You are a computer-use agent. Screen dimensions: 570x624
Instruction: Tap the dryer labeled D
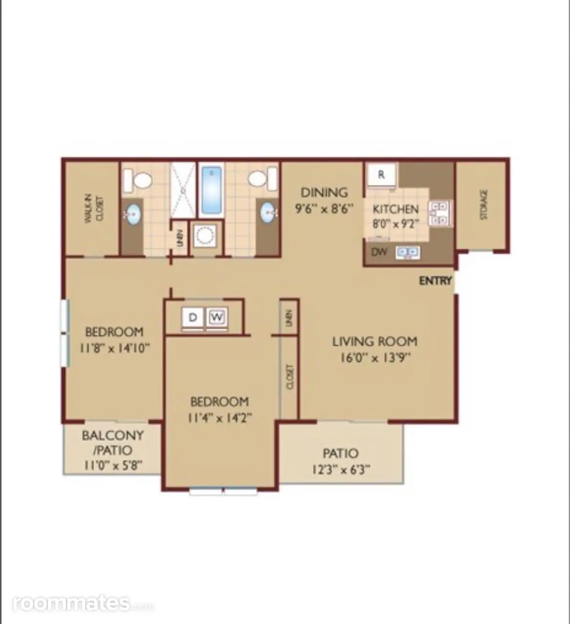point(193,317)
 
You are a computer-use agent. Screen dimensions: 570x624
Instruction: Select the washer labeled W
point(217,317)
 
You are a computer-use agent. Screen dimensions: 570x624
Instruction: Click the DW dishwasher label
point(379,252)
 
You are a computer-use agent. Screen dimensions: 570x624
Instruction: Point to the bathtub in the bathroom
point(211,190)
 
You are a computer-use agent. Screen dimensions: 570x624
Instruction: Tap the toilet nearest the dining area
point(262,179)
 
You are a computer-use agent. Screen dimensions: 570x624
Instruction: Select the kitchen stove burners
point(440,214)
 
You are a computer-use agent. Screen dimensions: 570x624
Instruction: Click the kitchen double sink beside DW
point(407,252)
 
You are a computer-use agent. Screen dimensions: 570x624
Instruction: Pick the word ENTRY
point(435,281)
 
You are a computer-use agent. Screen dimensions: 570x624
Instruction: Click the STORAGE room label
point(484,205)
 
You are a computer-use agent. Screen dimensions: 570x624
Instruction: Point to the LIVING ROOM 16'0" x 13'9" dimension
point(375,358)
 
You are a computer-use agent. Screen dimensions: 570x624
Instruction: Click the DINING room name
point(324,193)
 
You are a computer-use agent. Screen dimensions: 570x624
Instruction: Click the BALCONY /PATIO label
point(113,443)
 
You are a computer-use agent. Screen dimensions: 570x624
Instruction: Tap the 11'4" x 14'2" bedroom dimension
point(220,418)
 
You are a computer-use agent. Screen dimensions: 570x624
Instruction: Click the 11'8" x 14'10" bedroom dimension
point(114,348)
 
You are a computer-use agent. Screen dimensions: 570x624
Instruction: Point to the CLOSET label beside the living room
point(290,377)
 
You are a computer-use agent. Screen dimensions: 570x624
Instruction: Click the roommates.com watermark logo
point(83,604)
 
